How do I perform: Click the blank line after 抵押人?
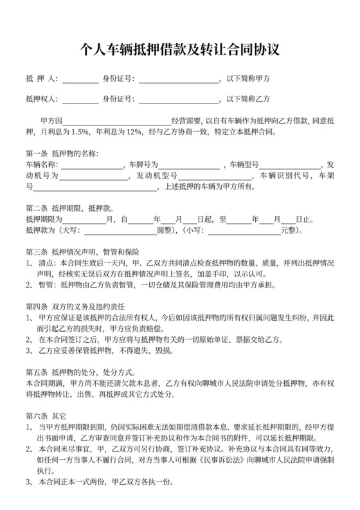(x=80, y=80)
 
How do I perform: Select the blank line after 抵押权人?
(x=80, y=100)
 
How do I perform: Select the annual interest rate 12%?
(x=134, y=132)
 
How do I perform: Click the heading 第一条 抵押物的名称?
(x=62, y=154)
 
